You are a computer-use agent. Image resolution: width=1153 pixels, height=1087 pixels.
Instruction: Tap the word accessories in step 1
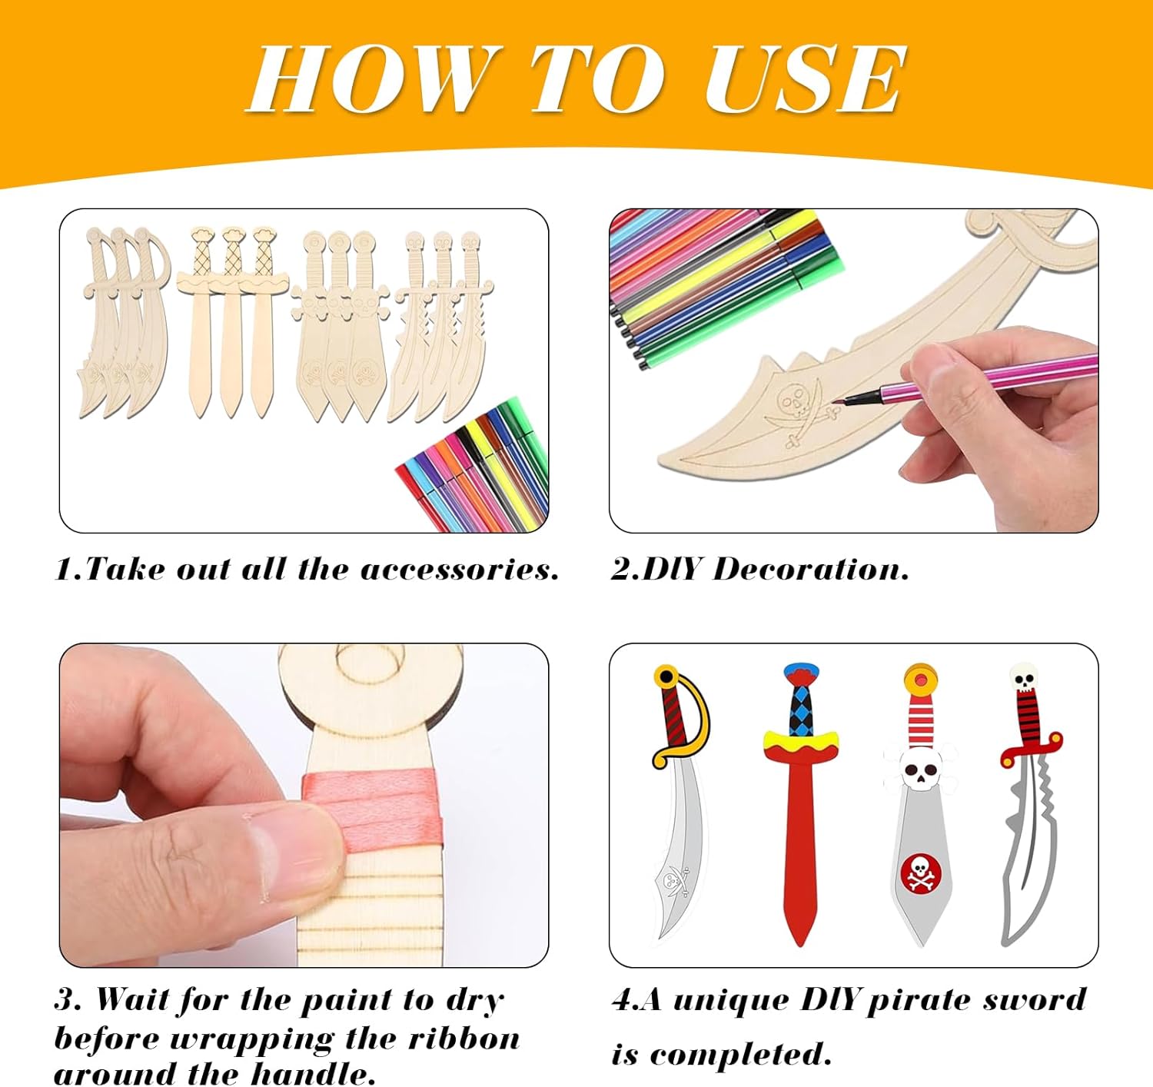point(459,569)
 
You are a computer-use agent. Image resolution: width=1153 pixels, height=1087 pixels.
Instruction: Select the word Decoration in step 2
point(810,569)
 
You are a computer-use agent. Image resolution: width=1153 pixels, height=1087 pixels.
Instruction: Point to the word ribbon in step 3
point(464,1038)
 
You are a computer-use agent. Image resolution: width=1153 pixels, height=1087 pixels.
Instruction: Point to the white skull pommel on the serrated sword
point(1024,677)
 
